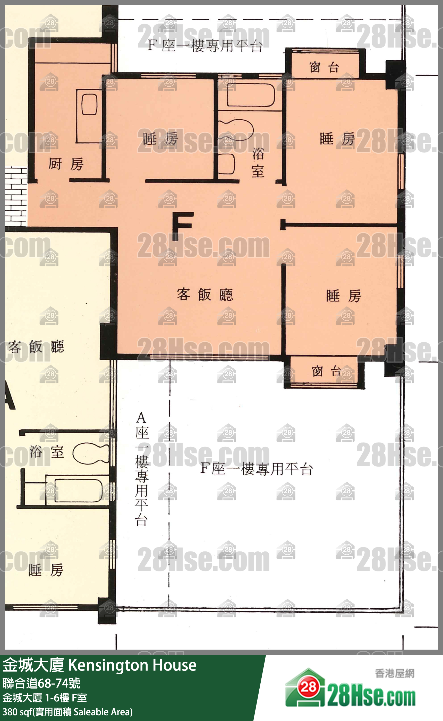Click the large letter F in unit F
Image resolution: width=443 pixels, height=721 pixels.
(182, 226)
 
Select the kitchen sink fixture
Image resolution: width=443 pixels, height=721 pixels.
(89, 105)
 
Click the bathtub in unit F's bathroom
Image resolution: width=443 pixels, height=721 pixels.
(251, 95)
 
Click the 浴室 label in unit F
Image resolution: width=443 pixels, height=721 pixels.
(258, 162)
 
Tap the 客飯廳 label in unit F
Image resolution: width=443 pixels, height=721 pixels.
(205, 294)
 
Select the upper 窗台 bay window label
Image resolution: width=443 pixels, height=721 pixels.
(324, 68)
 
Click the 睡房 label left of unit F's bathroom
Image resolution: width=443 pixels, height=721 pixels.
(160, 139)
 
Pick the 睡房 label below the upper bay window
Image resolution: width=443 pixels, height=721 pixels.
(337, 139)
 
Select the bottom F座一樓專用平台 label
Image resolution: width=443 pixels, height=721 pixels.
(256, 469)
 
